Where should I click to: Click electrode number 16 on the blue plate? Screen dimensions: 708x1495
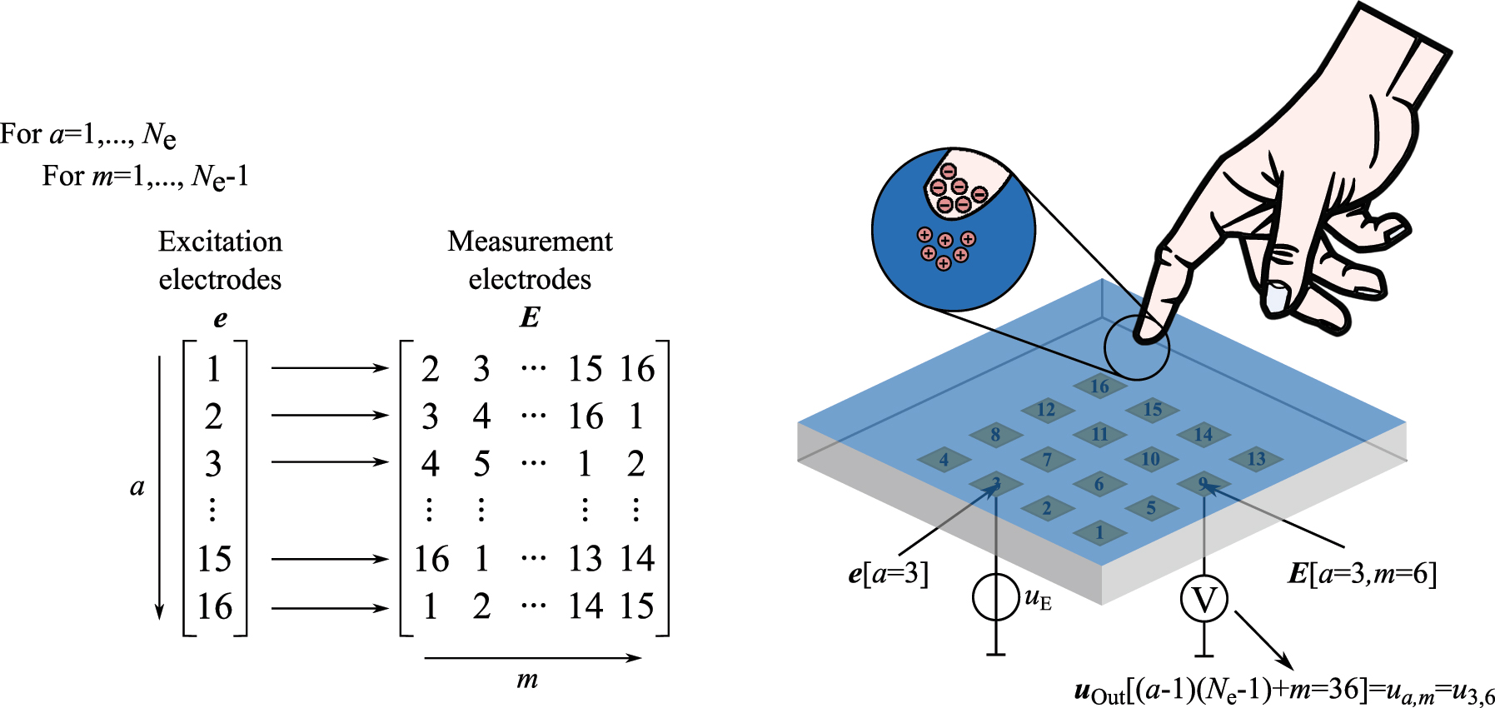point(1099,386)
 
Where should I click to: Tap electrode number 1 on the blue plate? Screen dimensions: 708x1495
point(1099,532)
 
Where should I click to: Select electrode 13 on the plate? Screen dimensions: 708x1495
point(1256,459)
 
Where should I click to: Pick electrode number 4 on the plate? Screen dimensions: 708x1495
point(944,459)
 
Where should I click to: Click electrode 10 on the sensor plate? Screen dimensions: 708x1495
point(1150,459)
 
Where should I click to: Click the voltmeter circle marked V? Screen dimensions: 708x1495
point(1204,599)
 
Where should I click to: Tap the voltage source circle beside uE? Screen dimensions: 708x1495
point(996,597)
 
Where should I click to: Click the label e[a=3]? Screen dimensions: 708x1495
point(888,574)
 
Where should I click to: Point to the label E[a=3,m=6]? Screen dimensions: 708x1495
point(1361,574)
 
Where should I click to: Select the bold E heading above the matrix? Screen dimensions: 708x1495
point(530,317)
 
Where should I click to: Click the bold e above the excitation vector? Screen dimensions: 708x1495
point(220,319)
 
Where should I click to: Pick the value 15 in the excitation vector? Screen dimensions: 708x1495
point(214,558)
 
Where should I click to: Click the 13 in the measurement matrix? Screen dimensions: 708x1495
point(585,558)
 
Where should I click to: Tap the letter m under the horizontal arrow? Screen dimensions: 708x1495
point(527,679)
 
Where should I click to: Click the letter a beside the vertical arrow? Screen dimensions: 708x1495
point(137,486)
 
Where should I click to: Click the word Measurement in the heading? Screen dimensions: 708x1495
point(530,242)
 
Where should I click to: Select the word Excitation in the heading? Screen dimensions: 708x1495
point(220,242)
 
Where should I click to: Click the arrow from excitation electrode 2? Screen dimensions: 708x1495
point(329,415)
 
